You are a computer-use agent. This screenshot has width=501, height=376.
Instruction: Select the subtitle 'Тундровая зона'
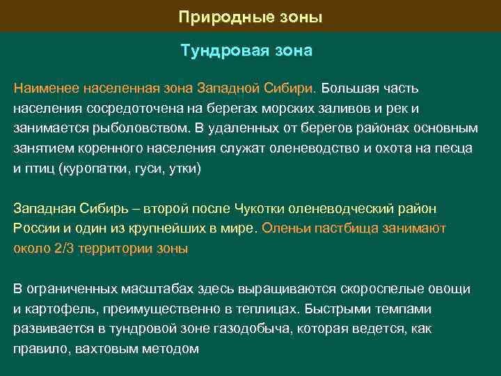[x=246, y=51]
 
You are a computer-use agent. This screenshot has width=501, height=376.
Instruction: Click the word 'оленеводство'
[x=311, y=148]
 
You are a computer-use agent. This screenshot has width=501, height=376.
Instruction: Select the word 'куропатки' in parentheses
[x=90, y=168]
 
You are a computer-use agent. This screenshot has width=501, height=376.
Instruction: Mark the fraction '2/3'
[x=63, y=247]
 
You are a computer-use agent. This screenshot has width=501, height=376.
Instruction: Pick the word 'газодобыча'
[x=258, y=328]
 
